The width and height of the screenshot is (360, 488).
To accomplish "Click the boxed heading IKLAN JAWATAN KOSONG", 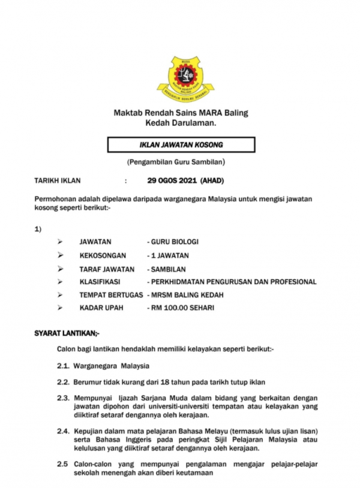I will click(181, 144).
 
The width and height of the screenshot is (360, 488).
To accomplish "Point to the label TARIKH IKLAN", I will click(57, 180).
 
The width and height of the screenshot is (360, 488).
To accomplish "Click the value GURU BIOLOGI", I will click(174, 242).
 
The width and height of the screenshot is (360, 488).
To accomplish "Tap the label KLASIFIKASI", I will click(100, 282).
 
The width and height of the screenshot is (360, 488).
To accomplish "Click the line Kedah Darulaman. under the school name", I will click(181, 123).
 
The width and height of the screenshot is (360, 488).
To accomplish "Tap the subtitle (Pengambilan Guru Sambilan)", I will click(181, 162).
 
